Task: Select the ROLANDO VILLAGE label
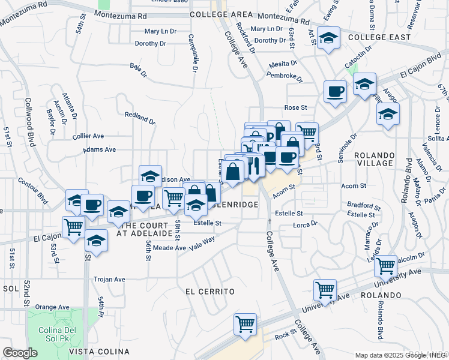382,159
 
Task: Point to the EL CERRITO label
209,291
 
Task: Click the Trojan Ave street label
109,279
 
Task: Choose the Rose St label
295,107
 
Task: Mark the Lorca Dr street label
305,224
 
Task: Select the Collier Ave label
88,136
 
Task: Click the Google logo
20,353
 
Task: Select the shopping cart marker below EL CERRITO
245,324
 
